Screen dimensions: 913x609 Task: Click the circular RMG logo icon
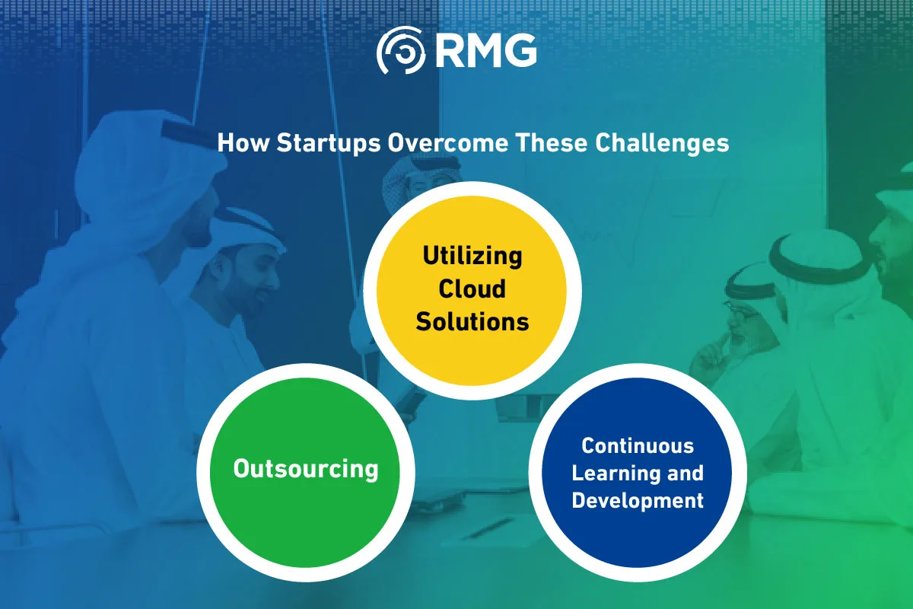401,50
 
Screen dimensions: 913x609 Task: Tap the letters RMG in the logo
486,50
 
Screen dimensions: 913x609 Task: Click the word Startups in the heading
329,143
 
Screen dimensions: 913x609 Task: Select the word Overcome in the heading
448,143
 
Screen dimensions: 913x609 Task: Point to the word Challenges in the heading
662,143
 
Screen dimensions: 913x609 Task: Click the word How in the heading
243,143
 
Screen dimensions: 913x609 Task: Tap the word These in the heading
552,143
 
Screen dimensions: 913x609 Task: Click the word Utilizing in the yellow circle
472,257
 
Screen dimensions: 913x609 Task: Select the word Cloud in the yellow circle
472,289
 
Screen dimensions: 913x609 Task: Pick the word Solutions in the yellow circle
472,321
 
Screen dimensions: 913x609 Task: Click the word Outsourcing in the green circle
306,469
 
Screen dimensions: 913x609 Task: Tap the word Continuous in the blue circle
638,445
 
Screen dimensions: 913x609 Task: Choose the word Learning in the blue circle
616,473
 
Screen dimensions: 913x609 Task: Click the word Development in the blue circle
638,500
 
